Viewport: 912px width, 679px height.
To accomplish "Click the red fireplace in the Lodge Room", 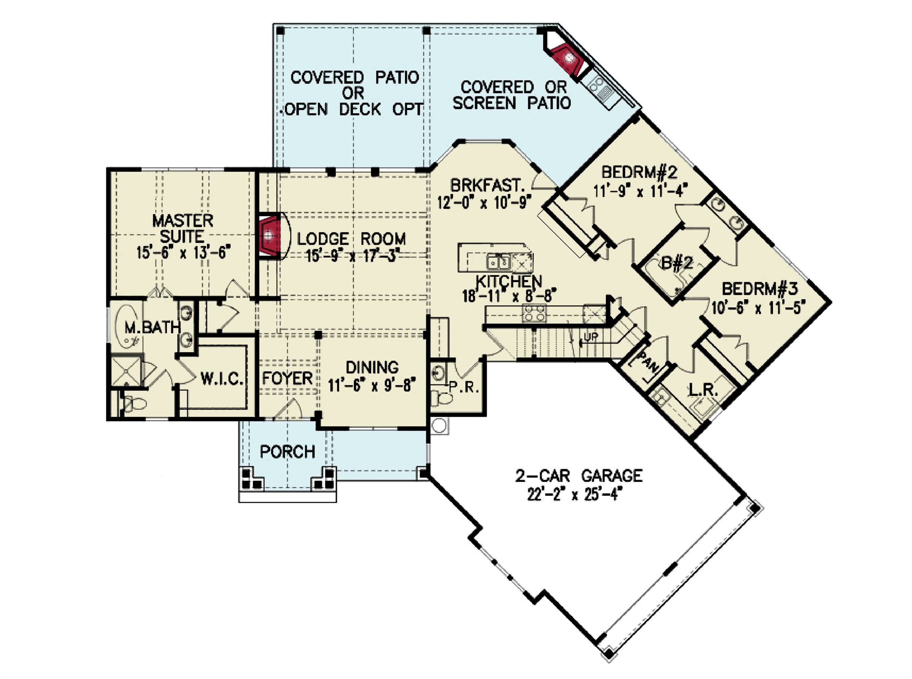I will (270, 236).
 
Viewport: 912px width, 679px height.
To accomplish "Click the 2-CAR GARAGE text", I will (578, 476).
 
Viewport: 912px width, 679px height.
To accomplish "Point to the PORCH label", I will (287, 452).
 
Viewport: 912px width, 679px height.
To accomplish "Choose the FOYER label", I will (287, 378).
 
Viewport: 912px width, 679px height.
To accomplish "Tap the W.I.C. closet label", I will (221, 379).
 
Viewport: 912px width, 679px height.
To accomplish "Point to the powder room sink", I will (437, 373).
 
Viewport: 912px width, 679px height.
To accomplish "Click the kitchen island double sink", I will (498, 261).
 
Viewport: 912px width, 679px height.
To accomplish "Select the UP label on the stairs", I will (591, 337).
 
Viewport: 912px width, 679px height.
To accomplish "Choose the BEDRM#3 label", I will (759, 289).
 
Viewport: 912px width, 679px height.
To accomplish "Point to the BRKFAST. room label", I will (487, 185).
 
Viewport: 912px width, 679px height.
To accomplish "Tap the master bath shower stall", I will (125, 371).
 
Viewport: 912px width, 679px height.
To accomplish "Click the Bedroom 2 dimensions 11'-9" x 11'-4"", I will (640, 191).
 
